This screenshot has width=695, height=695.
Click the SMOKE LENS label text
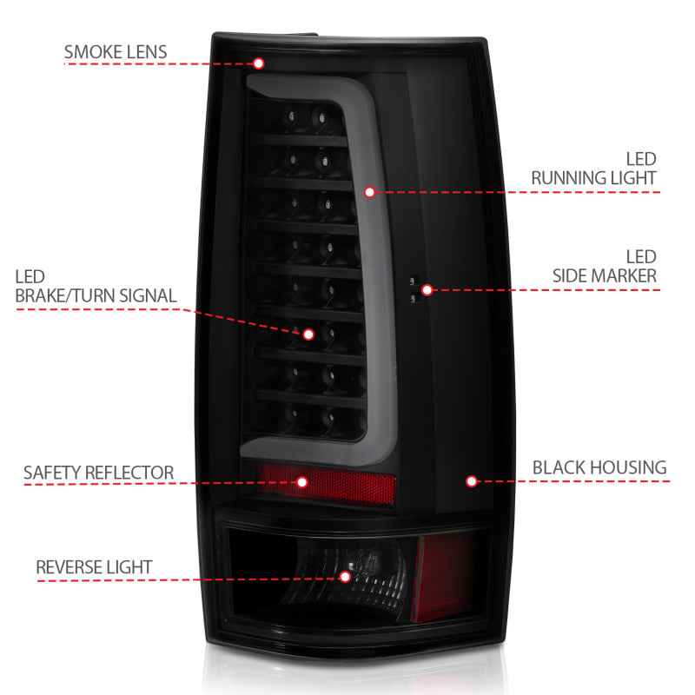click(x=115, y=52)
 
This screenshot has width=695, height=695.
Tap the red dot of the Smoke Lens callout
click(x=258, y=63)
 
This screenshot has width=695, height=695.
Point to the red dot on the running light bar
click(x=370, y=191)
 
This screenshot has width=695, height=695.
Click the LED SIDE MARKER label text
click(x=604, y=267)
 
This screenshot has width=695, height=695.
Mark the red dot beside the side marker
click(x=426, y=289)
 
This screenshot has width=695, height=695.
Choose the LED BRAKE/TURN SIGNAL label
click(x=95, y=287)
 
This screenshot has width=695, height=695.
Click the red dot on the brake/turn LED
click(x=308, y=333)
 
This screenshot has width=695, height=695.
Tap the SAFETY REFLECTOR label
click(x=98, y=473)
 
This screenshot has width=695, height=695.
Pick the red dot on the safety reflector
click(x=302, y=480)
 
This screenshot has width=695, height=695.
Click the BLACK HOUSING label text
click(x=599, y=467)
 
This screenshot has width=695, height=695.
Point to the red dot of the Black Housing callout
click(x=472, y=480)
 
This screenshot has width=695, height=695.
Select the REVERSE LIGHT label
click(x=94, y=567)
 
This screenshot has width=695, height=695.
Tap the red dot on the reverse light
click(x=345, y=575)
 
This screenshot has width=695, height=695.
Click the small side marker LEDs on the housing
click(x=414, y=289)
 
